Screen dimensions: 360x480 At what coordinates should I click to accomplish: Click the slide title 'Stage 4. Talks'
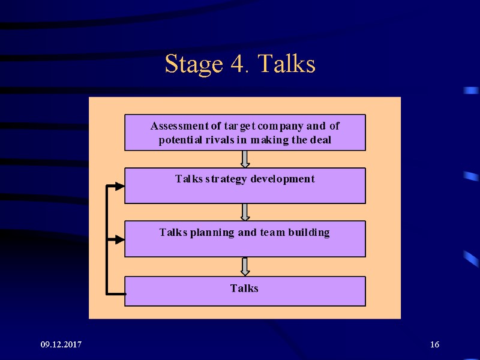(240, 64)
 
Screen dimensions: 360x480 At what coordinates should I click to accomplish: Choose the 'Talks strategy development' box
(245, 186)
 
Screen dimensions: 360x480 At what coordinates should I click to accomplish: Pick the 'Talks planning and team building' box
(245, 239)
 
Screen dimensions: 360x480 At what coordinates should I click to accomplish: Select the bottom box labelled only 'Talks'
(245, 291)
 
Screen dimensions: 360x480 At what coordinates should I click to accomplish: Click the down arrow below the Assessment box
(245, 159)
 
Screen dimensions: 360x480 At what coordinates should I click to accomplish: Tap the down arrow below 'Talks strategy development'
(245, 212)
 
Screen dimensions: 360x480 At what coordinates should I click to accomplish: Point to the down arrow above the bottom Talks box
(245, 266)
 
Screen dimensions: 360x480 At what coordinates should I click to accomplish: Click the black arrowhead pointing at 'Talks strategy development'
(119, 187)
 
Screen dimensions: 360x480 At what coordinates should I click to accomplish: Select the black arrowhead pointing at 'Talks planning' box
(119, 239)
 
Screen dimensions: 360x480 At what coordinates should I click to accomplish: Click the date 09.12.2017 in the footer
(61, 344)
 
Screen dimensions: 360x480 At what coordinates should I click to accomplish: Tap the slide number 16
(434, 344)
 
